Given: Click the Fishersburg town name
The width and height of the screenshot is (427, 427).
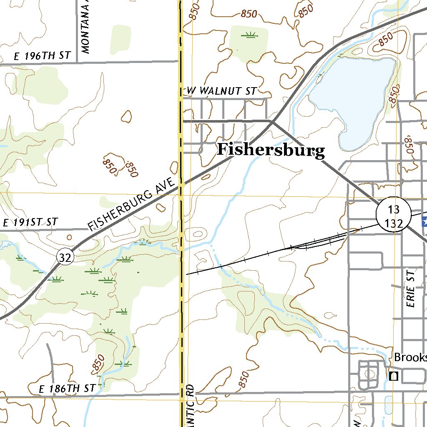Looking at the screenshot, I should (x=271, y=150).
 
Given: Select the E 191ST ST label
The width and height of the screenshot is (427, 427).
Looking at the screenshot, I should (x=30, y=222).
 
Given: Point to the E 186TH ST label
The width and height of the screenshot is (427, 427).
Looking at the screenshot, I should (x=67, y=389).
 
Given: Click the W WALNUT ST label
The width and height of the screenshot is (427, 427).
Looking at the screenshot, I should (x=221, y=91).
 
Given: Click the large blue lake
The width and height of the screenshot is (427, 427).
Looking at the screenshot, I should (x=354, y=96).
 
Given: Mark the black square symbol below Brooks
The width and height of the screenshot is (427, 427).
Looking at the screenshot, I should (x=393, y=376).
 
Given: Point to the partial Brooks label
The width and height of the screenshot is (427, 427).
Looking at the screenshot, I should (x=410, y=357).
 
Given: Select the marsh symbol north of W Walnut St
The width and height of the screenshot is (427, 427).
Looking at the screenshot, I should (x=249, y=35).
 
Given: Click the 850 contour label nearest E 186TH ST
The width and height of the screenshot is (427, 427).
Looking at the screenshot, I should (x=97, y=363).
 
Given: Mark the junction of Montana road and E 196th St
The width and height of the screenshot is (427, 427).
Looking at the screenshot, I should (x=78, y=63).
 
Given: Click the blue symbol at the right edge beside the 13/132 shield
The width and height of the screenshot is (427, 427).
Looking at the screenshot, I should (x=424, y=221).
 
